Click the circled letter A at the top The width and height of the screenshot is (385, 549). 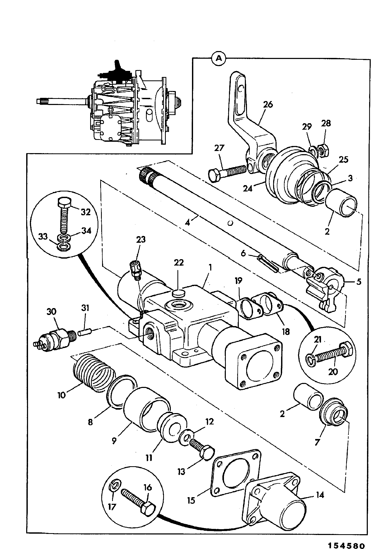(x=219, y=58)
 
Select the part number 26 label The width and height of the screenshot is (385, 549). (x=268, y=105)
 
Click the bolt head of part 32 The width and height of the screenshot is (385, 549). (x=64, y=203)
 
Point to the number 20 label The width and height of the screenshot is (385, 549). (x=333, y=372)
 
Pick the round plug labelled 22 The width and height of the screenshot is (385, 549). (x=178, y=293)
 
